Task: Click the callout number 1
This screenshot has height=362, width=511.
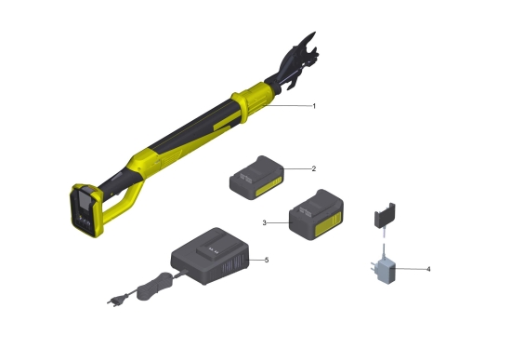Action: point(314,106)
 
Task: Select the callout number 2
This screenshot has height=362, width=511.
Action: point(314,168)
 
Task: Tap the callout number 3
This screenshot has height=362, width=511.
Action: point(264,223)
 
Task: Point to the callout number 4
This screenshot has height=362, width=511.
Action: point(428,269)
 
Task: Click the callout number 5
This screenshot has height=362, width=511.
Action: point(267,261)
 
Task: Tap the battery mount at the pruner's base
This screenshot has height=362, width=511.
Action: point(86,210)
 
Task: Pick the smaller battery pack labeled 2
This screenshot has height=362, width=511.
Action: point(256,178)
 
